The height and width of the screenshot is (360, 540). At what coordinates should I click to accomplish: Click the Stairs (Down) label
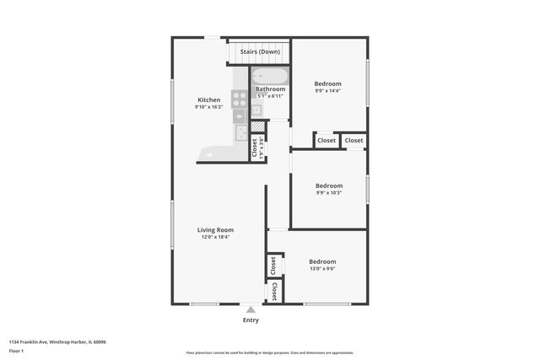coord(260,51)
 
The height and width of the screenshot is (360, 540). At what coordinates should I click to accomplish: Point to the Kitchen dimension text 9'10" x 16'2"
coord(208,107)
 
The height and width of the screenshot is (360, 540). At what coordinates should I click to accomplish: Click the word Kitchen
coord(208,99)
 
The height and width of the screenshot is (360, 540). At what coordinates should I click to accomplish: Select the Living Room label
coord(215,229)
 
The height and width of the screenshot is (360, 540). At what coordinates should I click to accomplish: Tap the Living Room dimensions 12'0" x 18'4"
coord(215,237)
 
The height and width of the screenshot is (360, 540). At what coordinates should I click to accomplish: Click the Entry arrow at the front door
coord(251,310)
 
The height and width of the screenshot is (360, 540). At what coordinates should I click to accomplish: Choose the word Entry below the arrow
coord(251,320)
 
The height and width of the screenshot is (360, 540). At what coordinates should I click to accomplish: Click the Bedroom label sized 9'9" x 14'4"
coord(327,83)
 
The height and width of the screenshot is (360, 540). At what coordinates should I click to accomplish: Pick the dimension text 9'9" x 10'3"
coord(328,193)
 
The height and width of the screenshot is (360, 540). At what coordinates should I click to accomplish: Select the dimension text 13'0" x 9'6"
coord(321,269)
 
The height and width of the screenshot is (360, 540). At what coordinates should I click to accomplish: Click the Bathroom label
coord(270,89)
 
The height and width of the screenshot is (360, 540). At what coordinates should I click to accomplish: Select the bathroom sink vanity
coord(256,110)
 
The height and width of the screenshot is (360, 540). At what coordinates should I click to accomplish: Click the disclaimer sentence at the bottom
coord(269,352)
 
